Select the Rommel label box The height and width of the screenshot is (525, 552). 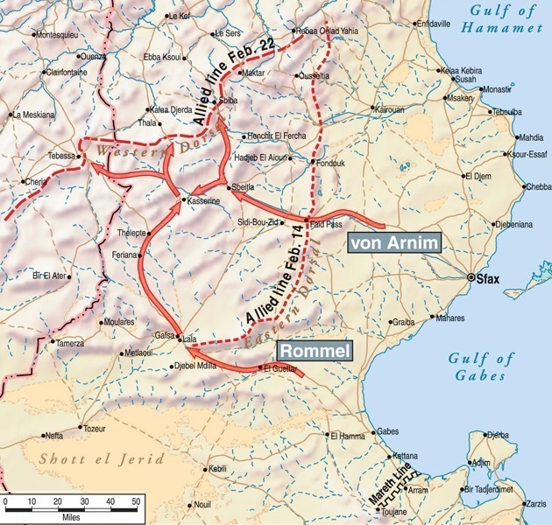pyautogui.click(x=315, y=351)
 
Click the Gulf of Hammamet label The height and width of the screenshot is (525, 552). pyautogui.click(x=502, y=20)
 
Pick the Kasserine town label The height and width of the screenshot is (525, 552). pyautogui.click(x=203, y=202)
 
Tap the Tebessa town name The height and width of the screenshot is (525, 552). pyautogui.click(x=61, y=156)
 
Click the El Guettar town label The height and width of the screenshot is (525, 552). pyautogui.click(x=280, y=369)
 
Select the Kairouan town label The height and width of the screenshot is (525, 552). pyautogui.click(x=389, y=110)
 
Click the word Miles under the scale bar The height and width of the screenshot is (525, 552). pyautogui.click(x=72, y=516)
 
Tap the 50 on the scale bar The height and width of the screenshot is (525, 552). pyautogui.click(x=136, y=501)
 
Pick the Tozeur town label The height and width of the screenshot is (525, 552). pyautogui.click(x=93, y=429)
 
